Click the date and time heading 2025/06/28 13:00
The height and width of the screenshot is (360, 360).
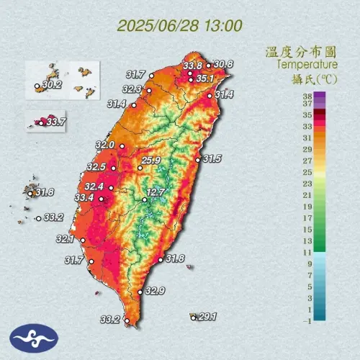tap(180, 26)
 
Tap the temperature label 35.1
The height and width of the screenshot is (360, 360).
tap(206, 78)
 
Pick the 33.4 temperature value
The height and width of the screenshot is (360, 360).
tap(84, 198)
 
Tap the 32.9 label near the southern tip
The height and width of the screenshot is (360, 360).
tap(155, 291)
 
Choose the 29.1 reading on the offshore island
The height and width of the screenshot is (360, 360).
tap(207, 316)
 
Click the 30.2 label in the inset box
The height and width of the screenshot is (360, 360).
tap(53, 84)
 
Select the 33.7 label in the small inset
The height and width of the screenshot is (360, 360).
tap(55, 122)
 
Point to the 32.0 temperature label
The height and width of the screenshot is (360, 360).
tap(105, 145)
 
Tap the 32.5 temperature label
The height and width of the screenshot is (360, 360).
tap(96, 167)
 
